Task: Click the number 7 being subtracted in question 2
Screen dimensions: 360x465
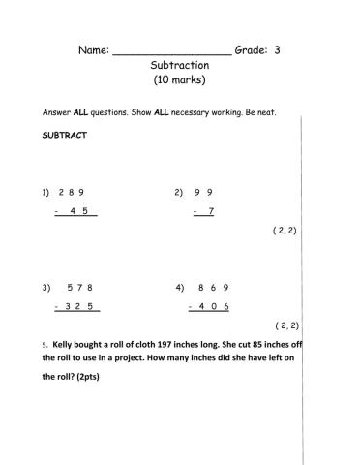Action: [210, 210]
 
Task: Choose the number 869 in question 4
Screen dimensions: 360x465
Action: [212, 288]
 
